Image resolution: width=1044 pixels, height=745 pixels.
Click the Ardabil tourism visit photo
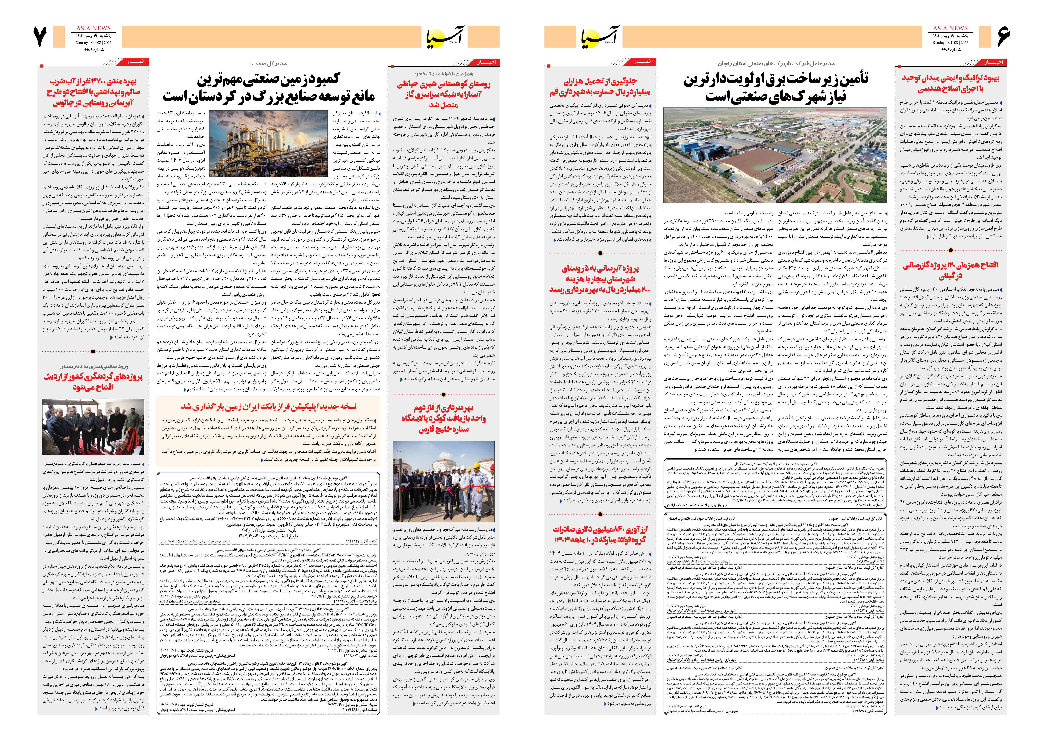click(x=93, y=427)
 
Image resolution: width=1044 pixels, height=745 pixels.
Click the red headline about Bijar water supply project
click(x=600, y=279)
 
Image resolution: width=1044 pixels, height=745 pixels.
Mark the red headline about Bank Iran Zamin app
click(x=269, y=406)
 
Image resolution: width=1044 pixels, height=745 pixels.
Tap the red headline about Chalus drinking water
click(x=93, y=92)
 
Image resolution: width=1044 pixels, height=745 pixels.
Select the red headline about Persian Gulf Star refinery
click(x=444, y=418)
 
